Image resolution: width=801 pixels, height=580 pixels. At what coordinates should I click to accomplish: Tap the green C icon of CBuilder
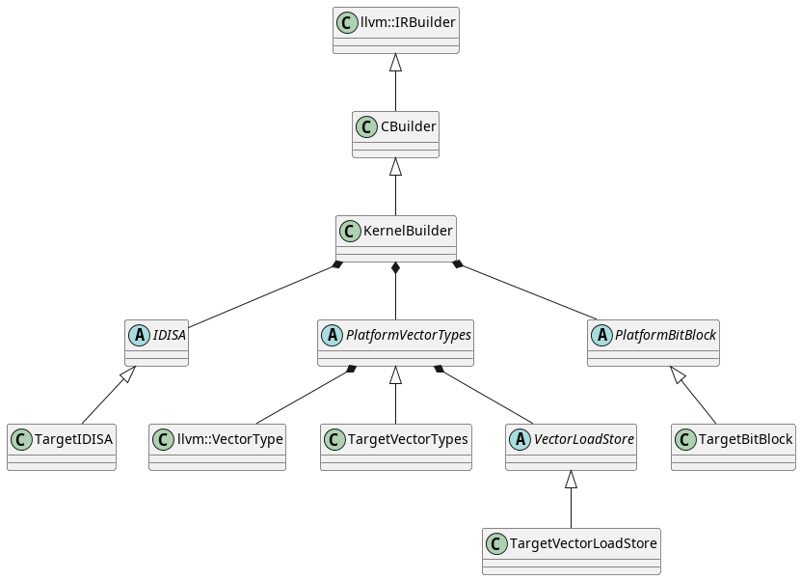[366, 126]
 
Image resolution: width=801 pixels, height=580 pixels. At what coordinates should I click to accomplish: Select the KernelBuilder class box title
[407, 231]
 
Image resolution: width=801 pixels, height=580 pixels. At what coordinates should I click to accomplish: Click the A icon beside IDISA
[139, 335]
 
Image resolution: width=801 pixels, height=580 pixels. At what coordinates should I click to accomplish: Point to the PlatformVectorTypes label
[408, 335]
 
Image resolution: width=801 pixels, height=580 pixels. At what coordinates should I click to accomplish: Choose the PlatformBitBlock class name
[664, 335]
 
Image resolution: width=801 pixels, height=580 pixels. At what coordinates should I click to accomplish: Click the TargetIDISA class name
[73, 439]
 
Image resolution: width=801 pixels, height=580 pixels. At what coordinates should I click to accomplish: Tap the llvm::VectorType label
[229, 439]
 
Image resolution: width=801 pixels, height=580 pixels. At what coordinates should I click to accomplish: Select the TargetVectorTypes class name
[407, 439]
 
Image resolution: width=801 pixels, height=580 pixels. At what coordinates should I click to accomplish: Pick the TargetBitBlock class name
[745, 439]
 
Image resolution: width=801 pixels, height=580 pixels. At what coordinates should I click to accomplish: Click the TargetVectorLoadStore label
[584, 543]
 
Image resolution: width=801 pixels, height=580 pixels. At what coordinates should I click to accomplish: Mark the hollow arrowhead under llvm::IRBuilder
[395, 63]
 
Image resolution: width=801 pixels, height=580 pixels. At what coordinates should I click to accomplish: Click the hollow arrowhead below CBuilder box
[395, 167]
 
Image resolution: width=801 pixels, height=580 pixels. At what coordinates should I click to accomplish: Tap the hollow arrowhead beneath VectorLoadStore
[571, 480]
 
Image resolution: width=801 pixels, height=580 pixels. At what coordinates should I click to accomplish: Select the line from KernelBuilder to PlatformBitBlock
[527, 290]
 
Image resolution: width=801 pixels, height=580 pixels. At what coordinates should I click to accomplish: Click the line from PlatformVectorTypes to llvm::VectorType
[304, 395]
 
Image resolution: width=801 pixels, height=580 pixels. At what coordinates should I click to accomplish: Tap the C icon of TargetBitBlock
[685, 439]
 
